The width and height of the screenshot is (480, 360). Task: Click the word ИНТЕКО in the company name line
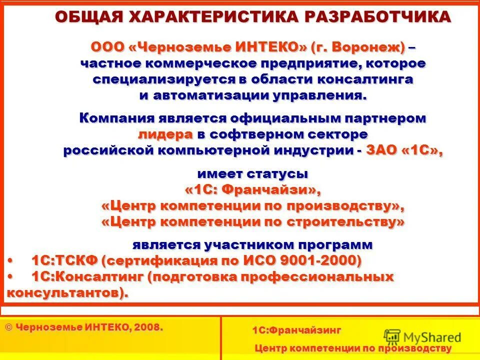coord(268,47)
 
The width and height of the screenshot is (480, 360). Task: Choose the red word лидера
coord(165,135)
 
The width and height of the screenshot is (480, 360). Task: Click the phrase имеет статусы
coord(252,174)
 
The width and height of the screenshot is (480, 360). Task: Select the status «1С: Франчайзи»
coord(252,190)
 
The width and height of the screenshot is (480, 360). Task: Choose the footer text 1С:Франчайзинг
coord(296,330)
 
